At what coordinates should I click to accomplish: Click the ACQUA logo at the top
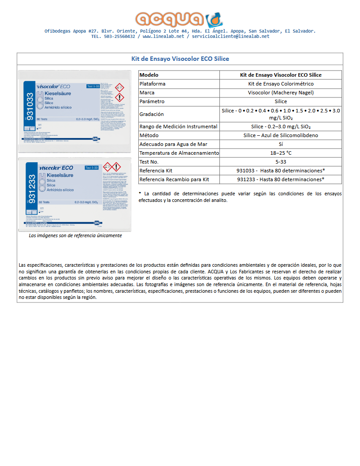click(x=179, y=19)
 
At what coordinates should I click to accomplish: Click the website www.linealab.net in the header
click(x=163, y=37)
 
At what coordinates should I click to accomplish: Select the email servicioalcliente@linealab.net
click(x=230, y=37)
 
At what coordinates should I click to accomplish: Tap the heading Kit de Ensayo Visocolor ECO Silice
click(x=180, y=59)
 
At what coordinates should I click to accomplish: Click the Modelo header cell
click(x=148, y=75)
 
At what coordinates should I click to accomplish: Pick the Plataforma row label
click(x=152, y=84)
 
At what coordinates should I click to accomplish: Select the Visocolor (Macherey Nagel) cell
click(x=280, y=93)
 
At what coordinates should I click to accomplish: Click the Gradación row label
click(x=152, y=114)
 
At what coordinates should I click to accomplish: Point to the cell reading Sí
click(x=280, y=144)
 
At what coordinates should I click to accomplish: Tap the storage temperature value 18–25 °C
click(x=280, y=153)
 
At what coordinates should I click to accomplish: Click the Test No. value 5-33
click(x=280, y=162)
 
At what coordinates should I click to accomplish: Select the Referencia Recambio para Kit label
click(x=174, y=179)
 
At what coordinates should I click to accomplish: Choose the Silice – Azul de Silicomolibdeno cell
click(x=280, y=135)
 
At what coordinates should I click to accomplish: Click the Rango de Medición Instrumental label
click(x=178, y=127)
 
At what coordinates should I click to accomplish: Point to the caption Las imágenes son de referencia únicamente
click(x=75, y=235)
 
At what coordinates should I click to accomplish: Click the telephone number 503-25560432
click(x=119, y=37)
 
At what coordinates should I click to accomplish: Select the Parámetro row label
click(x=152, y=101)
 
